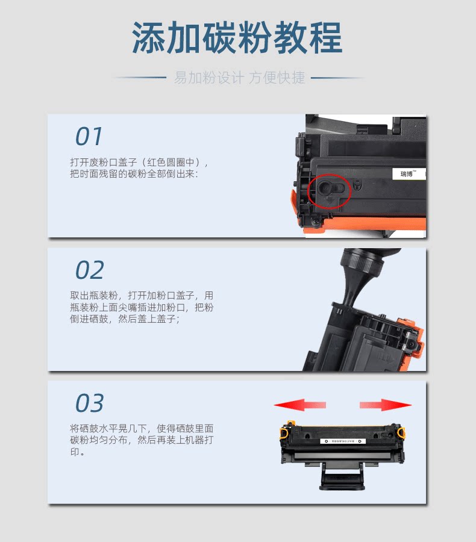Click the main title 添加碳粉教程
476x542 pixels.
coord(237,37)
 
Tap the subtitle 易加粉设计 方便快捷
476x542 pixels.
coord(239,78)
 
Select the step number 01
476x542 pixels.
coord(89,136)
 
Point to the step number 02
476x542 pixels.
coord(90,270)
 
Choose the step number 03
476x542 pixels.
coord(90,403)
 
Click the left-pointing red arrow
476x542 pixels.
coord(299,405)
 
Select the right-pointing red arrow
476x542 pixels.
coord(386,405)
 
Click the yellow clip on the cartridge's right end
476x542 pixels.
coord(401,432)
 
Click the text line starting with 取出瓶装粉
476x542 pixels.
coord(142,296)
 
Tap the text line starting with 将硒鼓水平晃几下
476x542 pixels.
coord(142,429)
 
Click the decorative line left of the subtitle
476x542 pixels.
coord(140,78)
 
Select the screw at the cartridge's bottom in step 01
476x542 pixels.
coord(315,221)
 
